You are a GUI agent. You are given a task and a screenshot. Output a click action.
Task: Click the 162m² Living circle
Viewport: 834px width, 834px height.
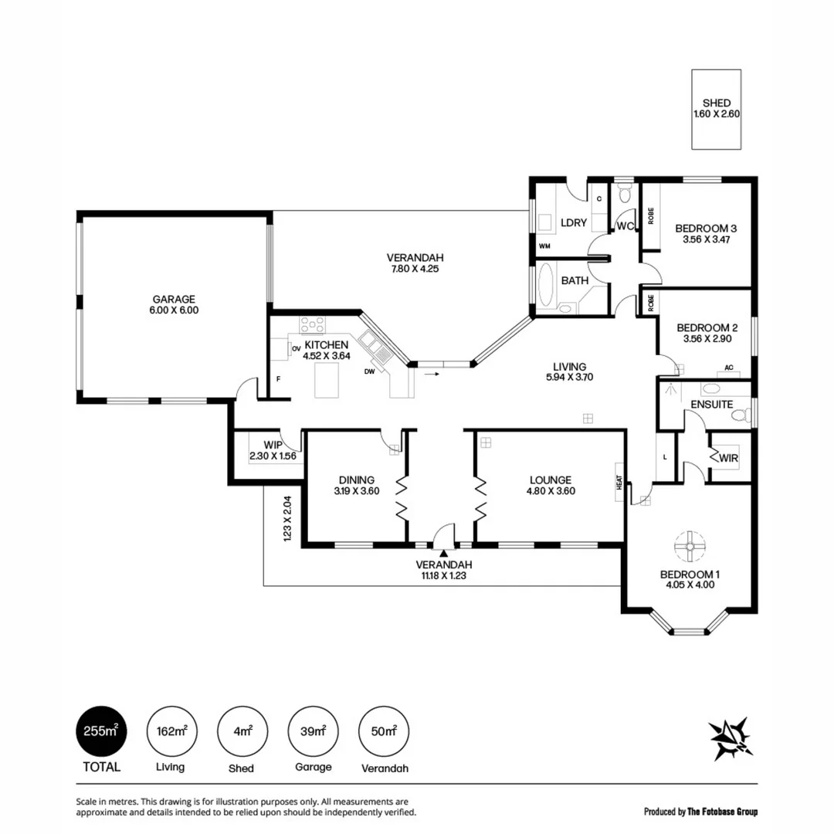click(x=170, y=731)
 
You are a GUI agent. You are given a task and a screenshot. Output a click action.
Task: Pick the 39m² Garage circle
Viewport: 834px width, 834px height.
click(x=313, y=731)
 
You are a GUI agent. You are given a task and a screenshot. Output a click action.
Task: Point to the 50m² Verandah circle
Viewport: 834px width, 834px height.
click(x=384, y=731)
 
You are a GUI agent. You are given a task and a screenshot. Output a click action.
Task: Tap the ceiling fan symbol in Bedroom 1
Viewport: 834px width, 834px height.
click(x=685, y=545)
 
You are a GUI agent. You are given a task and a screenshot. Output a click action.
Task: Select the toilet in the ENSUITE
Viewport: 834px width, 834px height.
click(x=740, y=415)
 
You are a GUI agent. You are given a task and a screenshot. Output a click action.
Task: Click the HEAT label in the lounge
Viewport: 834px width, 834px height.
click(x=619, y=482)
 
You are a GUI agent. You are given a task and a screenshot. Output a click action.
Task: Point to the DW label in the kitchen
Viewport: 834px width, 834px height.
click(x=370, y=371)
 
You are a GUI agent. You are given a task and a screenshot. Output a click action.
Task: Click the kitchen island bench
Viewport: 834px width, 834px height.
click(x=328, y=381)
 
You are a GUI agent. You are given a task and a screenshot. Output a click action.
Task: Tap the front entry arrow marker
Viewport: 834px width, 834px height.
click(x=443, y=552)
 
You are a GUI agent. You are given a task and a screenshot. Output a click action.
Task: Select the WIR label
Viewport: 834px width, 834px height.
click(x=728, y=459)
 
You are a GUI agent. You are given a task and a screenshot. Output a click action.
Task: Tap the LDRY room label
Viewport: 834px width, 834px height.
click(x=574, y=222)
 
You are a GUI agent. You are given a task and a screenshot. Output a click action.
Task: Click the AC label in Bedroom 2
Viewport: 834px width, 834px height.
click(x=728, y=368)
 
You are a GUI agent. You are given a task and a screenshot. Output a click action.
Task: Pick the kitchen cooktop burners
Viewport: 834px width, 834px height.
click(x=313, y=324)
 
